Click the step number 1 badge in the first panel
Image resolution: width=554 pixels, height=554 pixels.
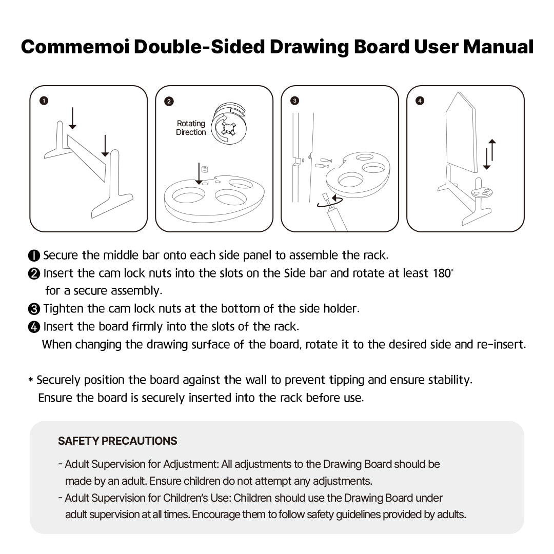tap(44, 101)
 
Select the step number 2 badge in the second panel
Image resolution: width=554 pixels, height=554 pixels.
tap(169, 101)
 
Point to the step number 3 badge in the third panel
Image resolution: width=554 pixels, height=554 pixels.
tap(294, 101)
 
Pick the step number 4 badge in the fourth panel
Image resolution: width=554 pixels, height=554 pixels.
tap(420, 101)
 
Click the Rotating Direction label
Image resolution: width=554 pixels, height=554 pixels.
tap(191, 128)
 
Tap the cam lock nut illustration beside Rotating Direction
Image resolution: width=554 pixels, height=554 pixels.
tap(229, 126)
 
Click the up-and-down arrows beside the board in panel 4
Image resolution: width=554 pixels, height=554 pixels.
tap(490, 154)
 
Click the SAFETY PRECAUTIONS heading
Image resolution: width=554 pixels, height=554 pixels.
tap(117, 441)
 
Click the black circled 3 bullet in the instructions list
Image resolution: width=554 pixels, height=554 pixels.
tap(34, 309)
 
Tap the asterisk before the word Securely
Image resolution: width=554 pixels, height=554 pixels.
tap(31, 381)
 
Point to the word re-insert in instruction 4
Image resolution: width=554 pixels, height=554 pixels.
tap(501, 344)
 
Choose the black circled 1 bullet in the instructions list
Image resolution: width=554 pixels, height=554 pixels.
tap(34, 255)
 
